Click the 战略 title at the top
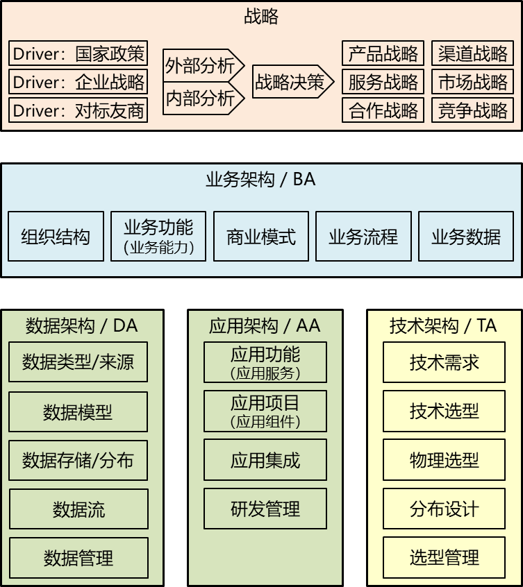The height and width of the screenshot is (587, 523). [261, 17]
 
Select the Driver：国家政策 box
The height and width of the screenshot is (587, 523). [78, 53]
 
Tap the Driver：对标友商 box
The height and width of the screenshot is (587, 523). [78, 110]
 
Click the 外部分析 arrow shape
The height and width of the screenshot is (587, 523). [204, 65]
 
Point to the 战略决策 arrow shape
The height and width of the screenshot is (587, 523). [293, 82]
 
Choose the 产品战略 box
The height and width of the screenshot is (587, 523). [383, 53]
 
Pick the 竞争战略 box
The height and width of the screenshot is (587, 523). [472, 110]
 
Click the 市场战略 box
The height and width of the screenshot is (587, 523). [472, 82]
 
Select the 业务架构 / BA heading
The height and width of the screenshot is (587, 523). [260, 179]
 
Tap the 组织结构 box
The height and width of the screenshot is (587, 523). [56, 236]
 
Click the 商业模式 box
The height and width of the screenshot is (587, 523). [261, 236]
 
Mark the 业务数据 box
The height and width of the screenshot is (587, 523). [466, 236]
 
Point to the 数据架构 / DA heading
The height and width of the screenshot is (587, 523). [82, 325]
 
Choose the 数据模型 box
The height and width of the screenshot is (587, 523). [78, 411]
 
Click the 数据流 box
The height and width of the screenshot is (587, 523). [78, 509]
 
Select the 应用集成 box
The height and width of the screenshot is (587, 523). [265, 460]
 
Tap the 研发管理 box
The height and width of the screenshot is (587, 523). [265, 509]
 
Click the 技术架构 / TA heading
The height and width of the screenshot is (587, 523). [443, 325]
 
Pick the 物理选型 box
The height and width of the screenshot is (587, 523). [444, 460]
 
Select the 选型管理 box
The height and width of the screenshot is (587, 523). [444, 557]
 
